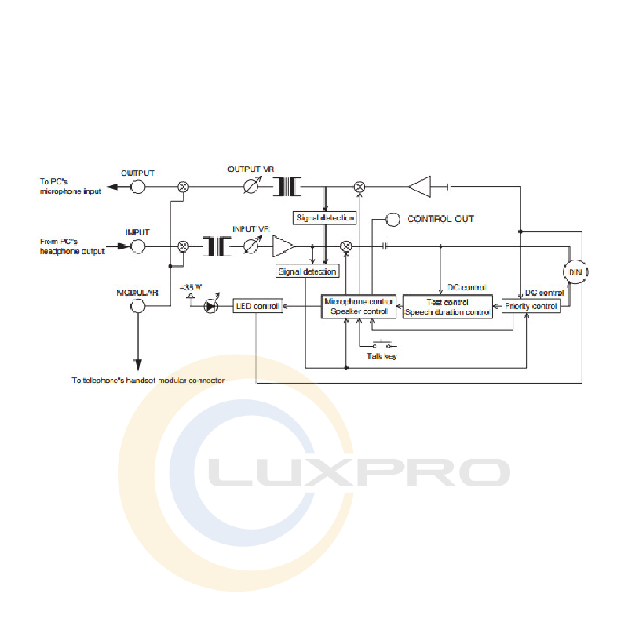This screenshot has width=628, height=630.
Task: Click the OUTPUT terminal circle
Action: pos(137,187)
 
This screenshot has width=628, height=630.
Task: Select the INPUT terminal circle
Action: pos(137,246)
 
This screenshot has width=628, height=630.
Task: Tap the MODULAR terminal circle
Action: pos(137,306)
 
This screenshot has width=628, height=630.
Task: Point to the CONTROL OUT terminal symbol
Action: pos(392,218)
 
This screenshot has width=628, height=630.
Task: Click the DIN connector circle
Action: pos(576,271)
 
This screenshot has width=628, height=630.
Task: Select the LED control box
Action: pos(257,306)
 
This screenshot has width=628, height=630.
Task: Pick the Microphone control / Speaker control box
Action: pos(359,306)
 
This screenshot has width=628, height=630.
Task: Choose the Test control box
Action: pos(446,306)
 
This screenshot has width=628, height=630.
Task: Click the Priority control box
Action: pos(531,306)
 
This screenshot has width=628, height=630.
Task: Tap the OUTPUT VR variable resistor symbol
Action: pos(252,187)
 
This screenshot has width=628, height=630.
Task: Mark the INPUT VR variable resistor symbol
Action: pos(251,246)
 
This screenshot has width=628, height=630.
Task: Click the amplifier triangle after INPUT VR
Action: pos(283,246)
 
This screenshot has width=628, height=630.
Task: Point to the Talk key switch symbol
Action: pos(382,344)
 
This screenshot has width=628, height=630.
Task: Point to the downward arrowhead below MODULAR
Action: pos(137,366)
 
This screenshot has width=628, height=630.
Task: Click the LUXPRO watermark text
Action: pos(361,472)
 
